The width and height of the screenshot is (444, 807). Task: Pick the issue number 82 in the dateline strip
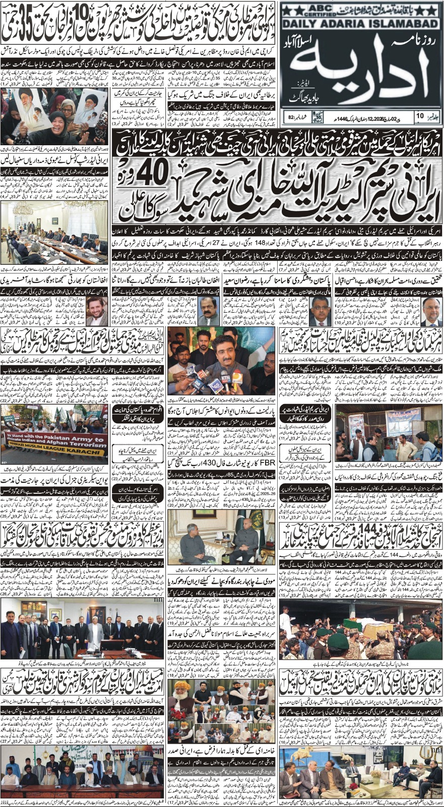pyautogui.click(x=291, y=118)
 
